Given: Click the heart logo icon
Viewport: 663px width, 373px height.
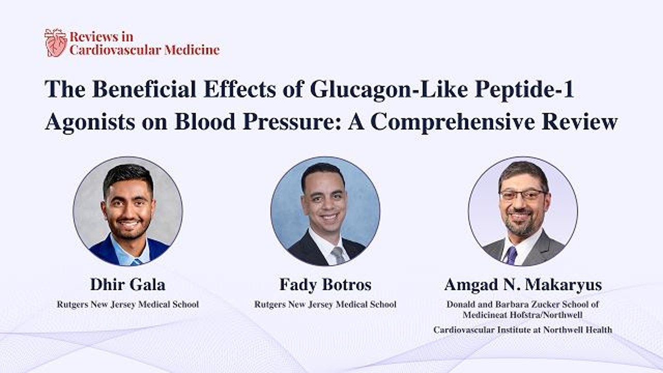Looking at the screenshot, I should click(55, 42).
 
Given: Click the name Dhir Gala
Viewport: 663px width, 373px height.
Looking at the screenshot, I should click(127, 284).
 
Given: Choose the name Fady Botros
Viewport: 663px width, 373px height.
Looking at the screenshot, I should click(325, 284).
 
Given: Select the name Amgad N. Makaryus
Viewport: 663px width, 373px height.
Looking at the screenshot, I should click(523, 284).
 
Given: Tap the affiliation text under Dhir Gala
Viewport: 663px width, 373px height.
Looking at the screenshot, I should click(127, 304).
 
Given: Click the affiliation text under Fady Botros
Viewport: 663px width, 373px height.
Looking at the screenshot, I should click(325, 304).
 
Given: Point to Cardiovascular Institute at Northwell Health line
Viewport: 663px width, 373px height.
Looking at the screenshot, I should click(523, 329).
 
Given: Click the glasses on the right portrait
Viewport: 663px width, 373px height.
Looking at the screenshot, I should click(523, 195).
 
